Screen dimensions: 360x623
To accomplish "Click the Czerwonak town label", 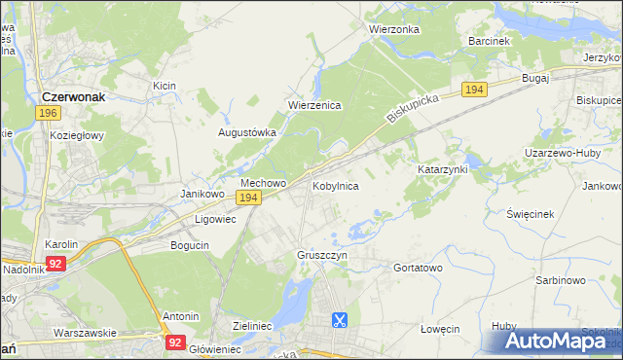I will pyautogui.click(x=80, y=96).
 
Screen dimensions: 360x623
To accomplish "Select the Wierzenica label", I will pyautogui.click(x=313, y=106).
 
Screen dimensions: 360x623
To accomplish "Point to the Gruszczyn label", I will pyautogui.click(x=321, y=255).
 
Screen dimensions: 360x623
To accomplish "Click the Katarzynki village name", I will pyautogui.click(x=443, y=168).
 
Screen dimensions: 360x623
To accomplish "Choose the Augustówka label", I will pyautogui.click(x=247, y=132).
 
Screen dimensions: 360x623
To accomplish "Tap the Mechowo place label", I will pyautogui.click(x=263, y=183).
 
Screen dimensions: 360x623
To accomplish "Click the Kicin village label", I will pyautogui.click(x=164, y=86).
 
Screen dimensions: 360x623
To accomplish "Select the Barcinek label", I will pyautogui.click(x=489, y=42).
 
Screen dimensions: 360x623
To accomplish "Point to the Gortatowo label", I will pyautogui.click(x=418, y=268).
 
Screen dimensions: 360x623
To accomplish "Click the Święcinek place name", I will pyautogui.click(x=531, y=213).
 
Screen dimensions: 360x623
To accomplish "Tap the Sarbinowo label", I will pyautogui.click(x=560, y=280).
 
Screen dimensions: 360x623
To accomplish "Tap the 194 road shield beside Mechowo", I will pyautogui.click(x=249, y=198).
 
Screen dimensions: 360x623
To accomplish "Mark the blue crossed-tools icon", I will pyautogui.click(x=339, y=319).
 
